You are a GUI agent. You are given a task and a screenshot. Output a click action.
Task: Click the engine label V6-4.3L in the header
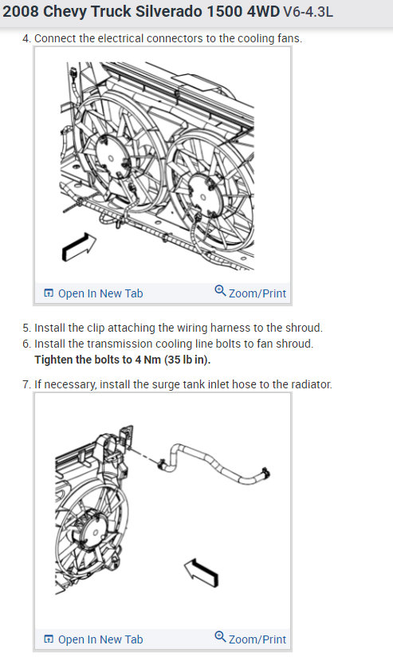[x=309, y=12]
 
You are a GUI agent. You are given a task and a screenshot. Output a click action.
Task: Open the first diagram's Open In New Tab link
[x=93, y=293]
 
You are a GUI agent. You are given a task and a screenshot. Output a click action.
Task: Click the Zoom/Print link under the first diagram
[x=250, y=293]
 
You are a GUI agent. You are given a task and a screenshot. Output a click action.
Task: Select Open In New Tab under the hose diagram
[x=93, y=639]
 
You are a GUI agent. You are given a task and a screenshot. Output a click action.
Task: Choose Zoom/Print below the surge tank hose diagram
[x=250, y=639]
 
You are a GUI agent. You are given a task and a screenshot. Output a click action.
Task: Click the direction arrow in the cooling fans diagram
[x=79, y=247]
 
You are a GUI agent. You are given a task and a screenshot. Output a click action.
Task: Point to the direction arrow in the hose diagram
[x=202, y=572]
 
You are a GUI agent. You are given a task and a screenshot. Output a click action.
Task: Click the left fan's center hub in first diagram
[x=111, y=159]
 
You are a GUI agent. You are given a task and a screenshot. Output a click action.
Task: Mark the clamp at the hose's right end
[x=265, y=473]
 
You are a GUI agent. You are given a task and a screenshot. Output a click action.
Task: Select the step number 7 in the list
[x=26, y=384]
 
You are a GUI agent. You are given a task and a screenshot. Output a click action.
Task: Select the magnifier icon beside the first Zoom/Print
[x=220, y=290]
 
